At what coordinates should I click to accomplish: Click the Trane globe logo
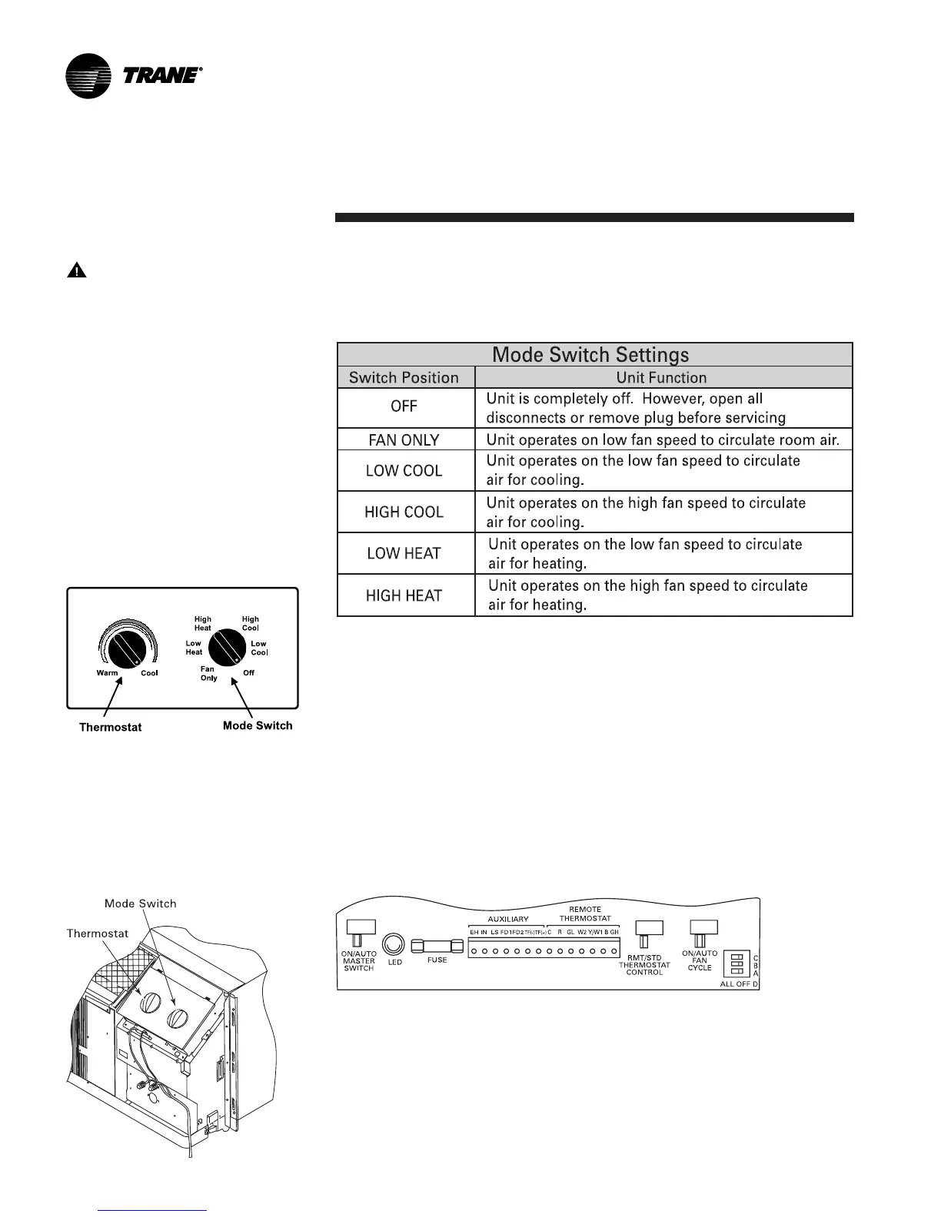coord(89,76)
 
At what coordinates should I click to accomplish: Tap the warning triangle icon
coord(76,270)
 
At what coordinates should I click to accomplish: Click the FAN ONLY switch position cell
coord(404,439)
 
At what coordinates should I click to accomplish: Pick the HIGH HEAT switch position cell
coord(404,595)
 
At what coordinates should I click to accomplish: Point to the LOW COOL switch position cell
coord(404,470)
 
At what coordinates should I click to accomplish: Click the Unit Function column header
coord(661,377)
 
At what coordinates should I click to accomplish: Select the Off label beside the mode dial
coord(248,673)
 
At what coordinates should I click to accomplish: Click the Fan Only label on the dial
coord(209,674)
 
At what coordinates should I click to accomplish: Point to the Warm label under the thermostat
coord(108,673)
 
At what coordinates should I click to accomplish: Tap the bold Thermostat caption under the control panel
coord(111,727)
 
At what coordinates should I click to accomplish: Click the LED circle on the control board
coord(394,944)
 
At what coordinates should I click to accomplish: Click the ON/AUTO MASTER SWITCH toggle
coord(358,933)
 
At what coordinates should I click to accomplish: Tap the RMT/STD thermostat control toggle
coord(644,933)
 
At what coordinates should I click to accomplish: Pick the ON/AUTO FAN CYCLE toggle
coord(700,933)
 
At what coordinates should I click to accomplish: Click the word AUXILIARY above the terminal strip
coord(508,919)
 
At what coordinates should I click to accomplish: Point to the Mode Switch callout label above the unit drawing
coord(141,904)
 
